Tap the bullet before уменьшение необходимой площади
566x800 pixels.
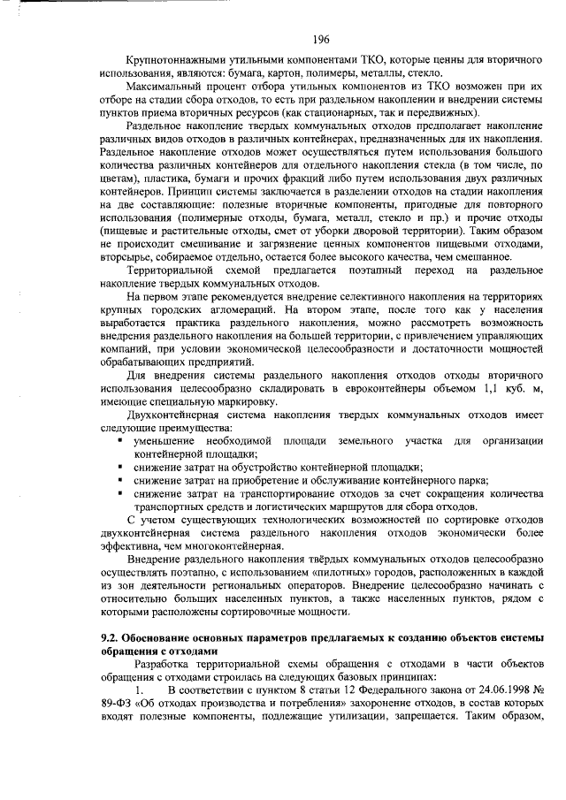119,440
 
